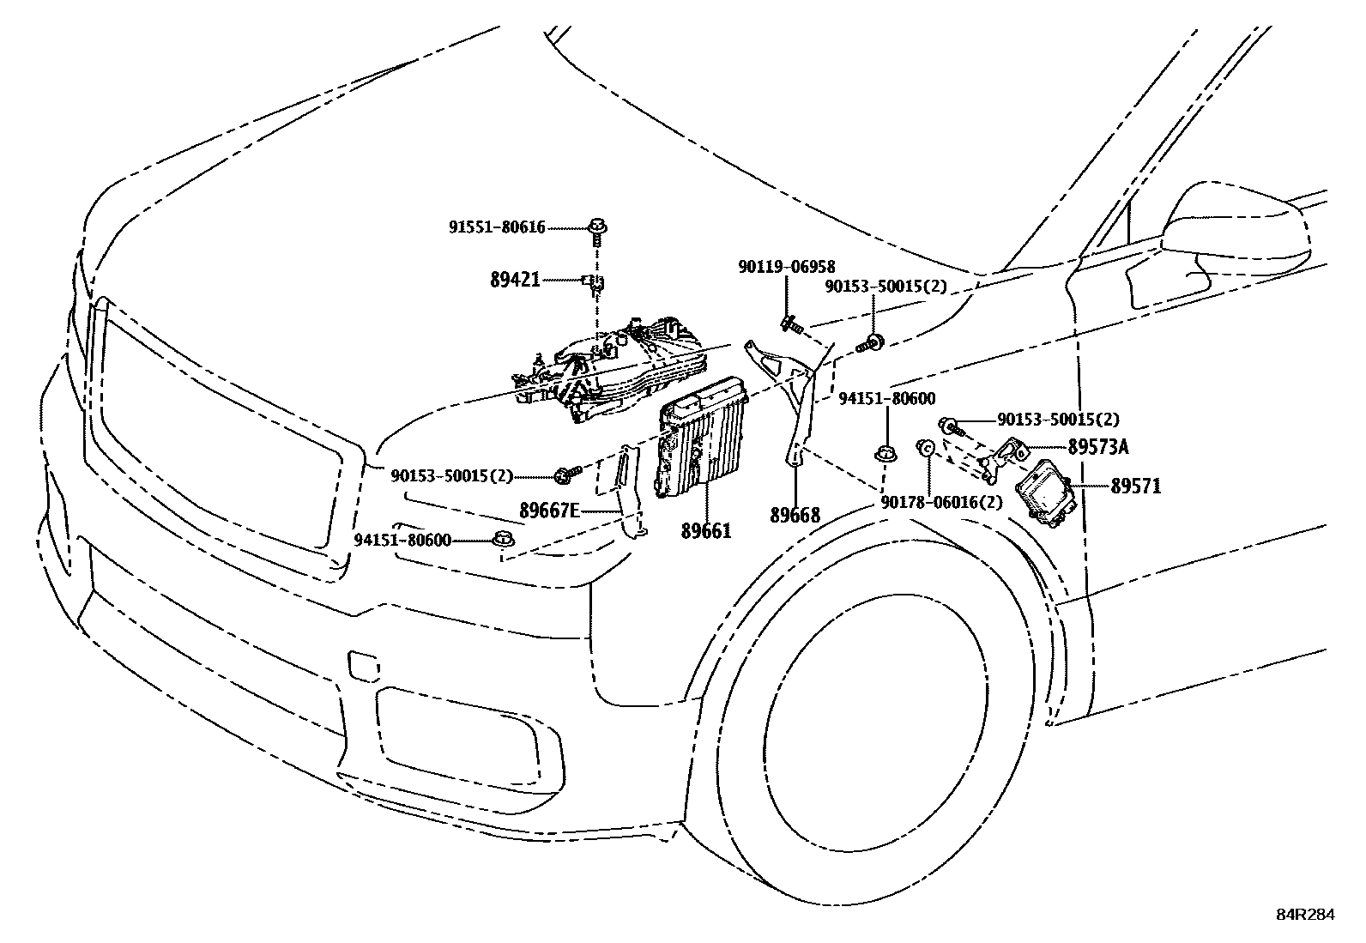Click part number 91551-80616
coord(496,227)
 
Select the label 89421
coord(515,279)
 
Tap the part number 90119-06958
coord(786,268)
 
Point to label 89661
coord(706,531)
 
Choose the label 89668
coord(795,515)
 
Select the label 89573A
coord(1098,447)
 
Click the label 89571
coord(1135,487)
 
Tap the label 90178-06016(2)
coord(941,503)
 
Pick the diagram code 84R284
coord(1305,916)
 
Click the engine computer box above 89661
coord(701,438)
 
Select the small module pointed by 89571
coord(1042,490)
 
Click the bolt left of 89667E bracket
coord(566,473)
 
